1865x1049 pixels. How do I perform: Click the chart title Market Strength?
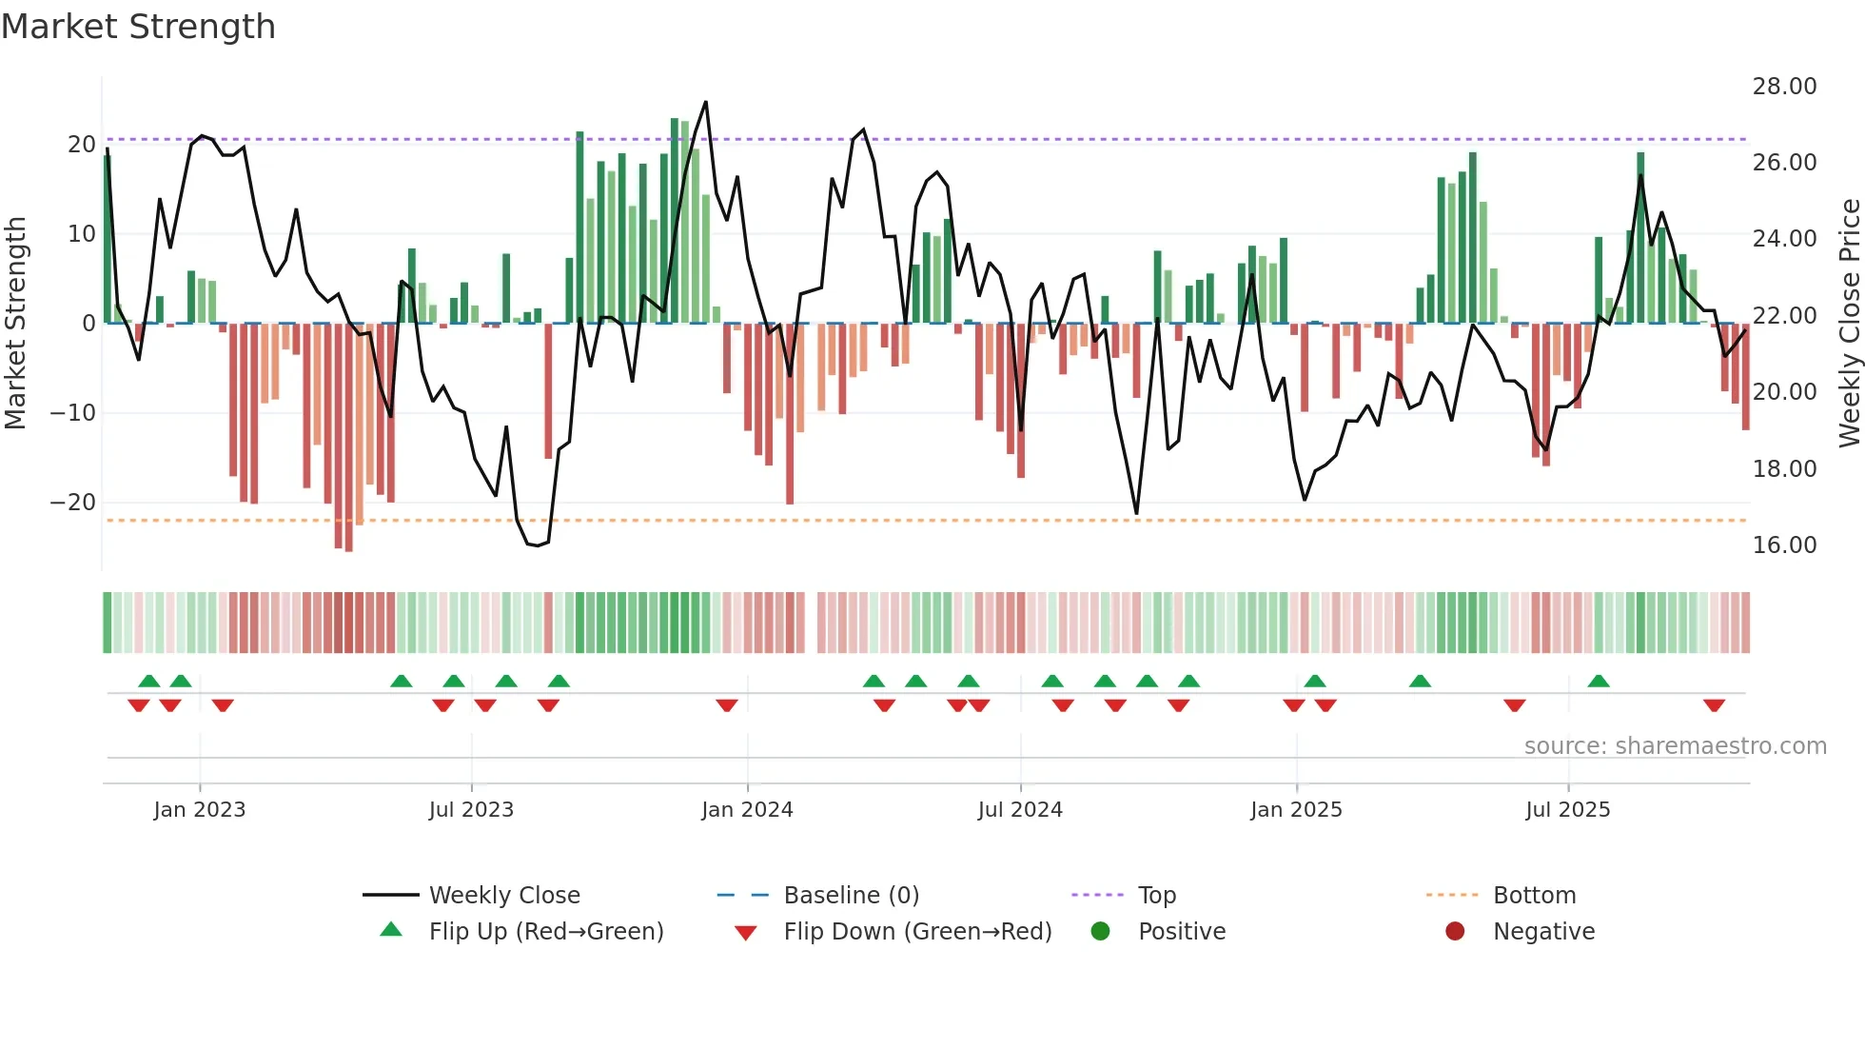tap(138, 27)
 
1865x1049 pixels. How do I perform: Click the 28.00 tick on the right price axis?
tap(1784, 87)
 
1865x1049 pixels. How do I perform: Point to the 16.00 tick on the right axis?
tap(1784, 545)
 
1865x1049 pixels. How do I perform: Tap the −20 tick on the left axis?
tap(73, 503)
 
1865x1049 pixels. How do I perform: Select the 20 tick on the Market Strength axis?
tap(82, 145)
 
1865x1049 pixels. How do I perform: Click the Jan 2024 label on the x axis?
tap(747, 810)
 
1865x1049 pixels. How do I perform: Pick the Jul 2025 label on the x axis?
tap(1567, 810)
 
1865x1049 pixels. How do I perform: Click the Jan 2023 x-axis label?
tap(200, 810)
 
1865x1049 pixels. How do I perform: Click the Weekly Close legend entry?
tap(503, 896)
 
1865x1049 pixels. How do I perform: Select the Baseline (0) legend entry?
tap(851, 896)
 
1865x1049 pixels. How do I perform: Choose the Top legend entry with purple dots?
tap(1156, 896)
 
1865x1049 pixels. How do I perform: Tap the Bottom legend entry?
tap(1534, 896)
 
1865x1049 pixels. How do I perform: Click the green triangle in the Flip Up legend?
tap(391, 930)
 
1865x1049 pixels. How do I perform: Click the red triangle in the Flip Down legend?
tap(746, 933)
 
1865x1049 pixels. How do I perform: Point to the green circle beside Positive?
tap(1100, 932)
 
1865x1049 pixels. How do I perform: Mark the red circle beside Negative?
tap(1455, 932)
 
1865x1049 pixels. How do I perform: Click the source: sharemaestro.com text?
tap(1675, 746)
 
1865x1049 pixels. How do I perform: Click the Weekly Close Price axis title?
tap(1849, 324)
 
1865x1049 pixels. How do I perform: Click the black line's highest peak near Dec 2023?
tap(705, 102)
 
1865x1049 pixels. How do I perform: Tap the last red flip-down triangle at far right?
tap(1714, 705)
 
